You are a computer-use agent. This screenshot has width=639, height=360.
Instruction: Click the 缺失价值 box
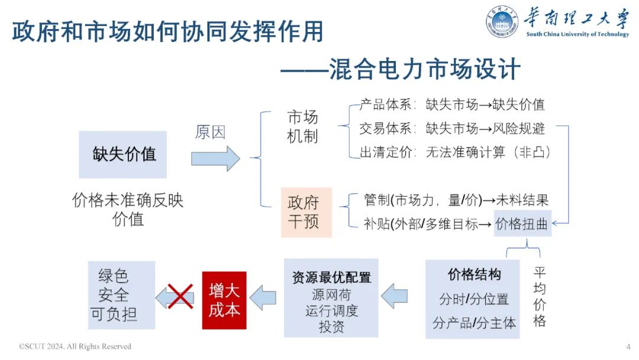tap(123, 155)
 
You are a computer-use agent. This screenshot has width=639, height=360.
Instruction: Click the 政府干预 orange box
tap(303, 212)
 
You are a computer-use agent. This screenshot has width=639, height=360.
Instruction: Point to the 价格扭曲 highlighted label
tap(522, 223)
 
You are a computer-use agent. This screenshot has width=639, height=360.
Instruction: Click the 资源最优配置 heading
tap(331, 277)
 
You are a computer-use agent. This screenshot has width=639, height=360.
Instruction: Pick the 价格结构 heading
tap(474, 275)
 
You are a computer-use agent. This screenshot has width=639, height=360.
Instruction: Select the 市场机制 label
tap(302, 126)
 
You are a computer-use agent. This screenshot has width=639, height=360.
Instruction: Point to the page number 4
tap(628, 346)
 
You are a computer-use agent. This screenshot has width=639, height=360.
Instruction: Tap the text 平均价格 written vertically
tap(539, 297)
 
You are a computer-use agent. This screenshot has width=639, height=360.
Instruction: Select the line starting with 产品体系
tap(452, 105)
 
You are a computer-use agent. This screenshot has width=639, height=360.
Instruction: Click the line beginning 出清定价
tap(456, 152)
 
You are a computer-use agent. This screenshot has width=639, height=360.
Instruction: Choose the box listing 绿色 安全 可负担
tap(121, 295)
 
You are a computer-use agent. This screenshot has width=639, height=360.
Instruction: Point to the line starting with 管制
tap(456, 200)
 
